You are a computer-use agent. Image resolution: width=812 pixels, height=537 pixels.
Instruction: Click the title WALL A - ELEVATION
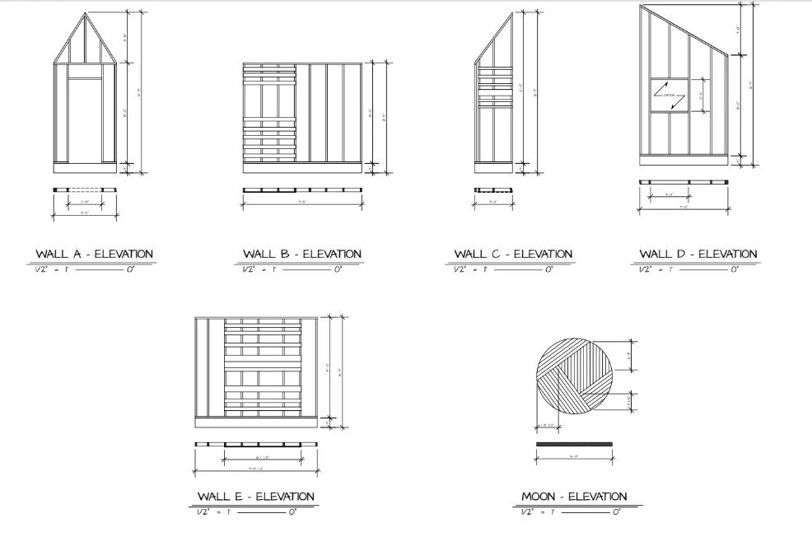pyautogui.click(x=94, y=254)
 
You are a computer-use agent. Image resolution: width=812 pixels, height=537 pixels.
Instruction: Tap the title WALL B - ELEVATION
pyautogui.click(x=302, y=254)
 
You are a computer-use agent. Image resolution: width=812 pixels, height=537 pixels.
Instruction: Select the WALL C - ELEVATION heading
pyautogui.click(x=513, y=254)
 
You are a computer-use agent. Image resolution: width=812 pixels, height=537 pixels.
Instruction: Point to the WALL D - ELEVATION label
pyautogui.click(x=698, y=254)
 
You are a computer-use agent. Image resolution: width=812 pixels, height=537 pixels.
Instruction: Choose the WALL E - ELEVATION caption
pyautogui.click(x=255, y=497)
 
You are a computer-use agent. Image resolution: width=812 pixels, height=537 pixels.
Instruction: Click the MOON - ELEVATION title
pyautogui.click(x=574, y=497)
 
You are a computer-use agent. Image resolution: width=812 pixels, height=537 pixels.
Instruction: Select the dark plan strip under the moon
pyautogui.click(x=575, y=444)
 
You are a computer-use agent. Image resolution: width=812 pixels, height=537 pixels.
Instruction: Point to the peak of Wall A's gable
pyautogui.click(x=85, y=14)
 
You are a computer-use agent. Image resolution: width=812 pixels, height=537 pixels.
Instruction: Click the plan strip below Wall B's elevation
pyautogui.click(x=302, y=190)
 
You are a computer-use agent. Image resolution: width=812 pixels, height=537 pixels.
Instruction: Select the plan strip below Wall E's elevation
pyautogui.click(x=255, y=445)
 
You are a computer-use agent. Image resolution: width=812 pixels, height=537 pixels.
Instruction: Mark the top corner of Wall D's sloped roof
pyautogui.click(x=641, y=7)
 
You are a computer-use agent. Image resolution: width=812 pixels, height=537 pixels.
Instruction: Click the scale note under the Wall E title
pyautogui.click(x=247, y=512)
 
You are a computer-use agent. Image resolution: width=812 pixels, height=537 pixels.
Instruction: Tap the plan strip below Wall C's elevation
pyautogui.click(x=492, y=190)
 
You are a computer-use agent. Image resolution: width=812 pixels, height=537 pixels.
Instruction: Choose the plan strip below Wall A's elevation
pyautogui.click(x=85, y=190)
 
